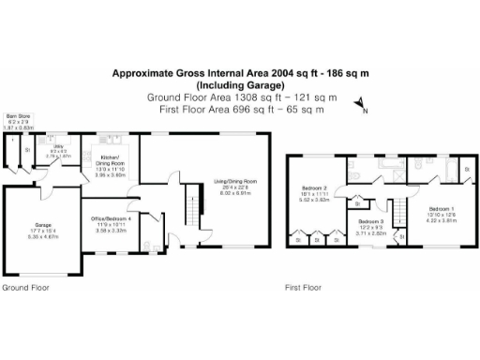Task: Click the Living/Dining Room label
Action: [236, 180]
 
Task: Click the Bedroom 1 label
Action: [442, 207]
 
